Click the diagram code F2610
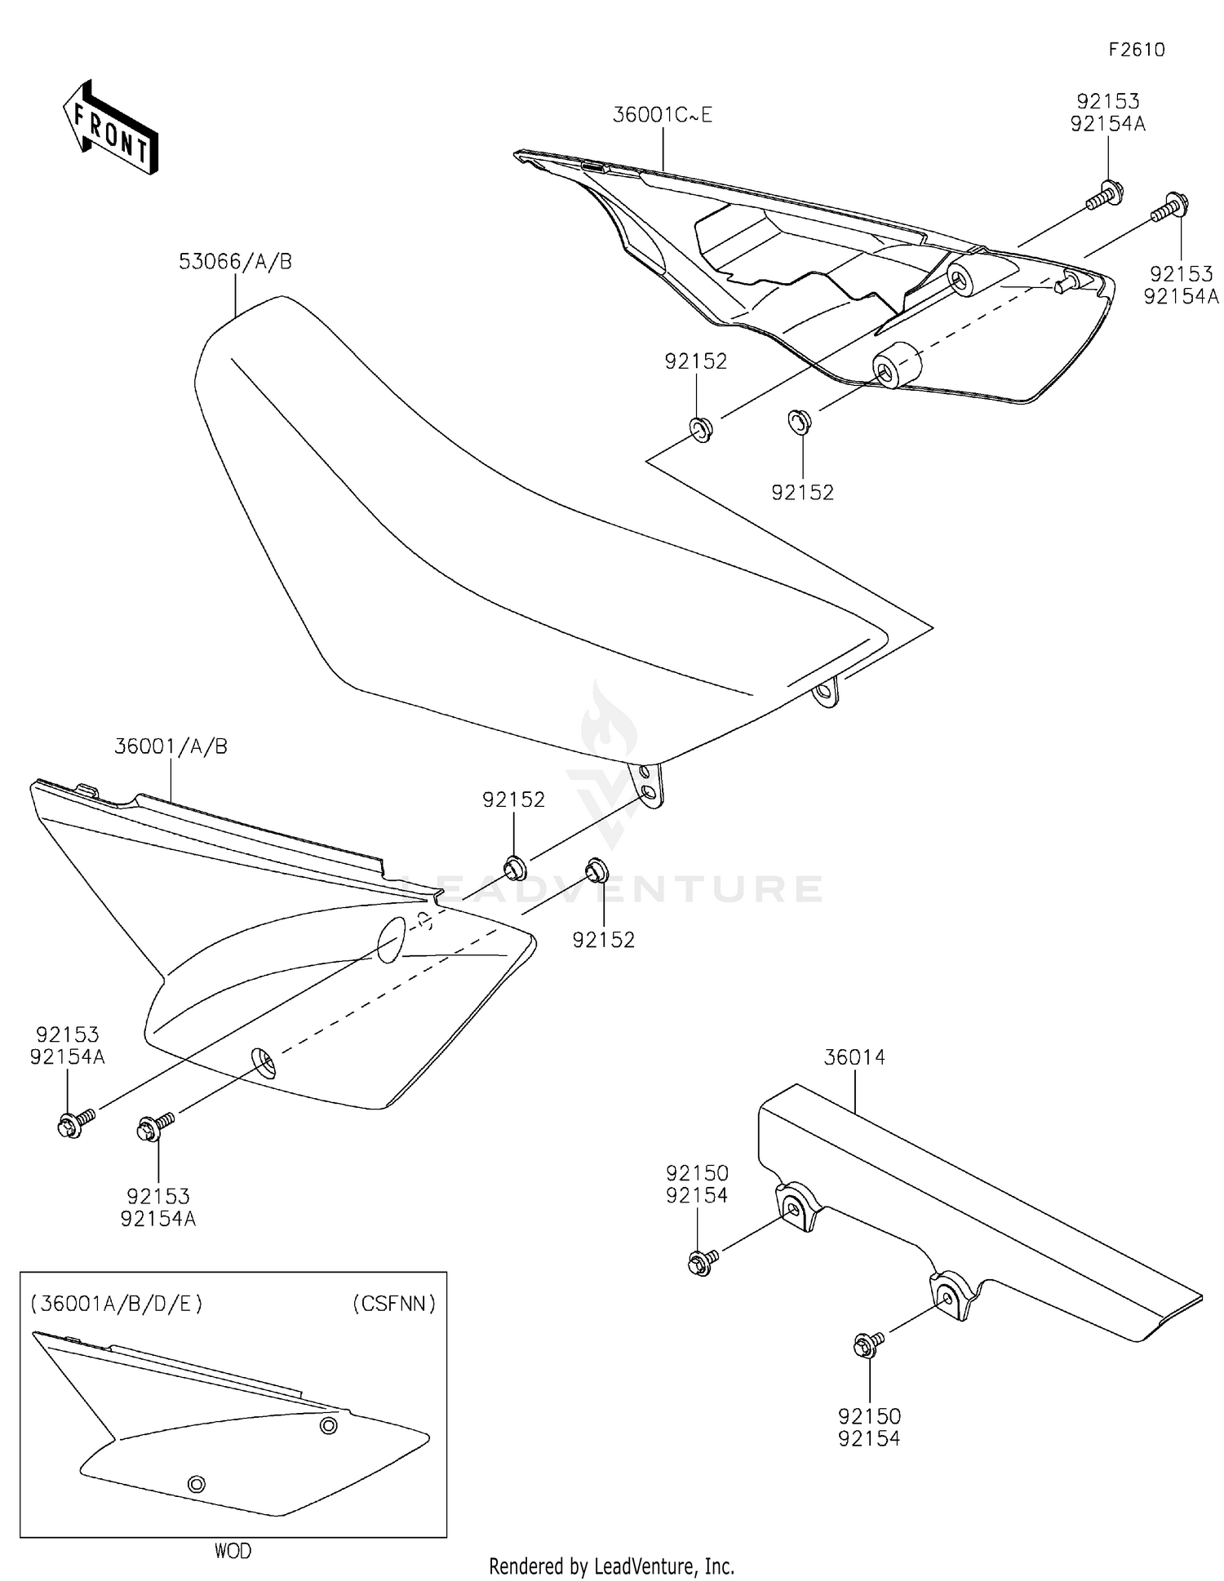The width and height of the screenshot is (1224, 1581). (1136, 50)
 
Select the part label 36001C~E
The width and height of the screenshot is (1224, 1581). (662, 115)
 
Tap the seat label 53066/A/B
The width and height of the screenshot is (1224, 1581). (235, 262)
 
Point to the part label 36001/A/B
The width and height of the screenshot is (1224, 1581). (171, 746)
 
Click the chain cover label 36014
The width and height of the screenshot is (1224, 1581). (854, 1057)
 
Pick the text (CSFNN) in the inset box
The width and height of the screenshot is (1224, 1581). (394, 1304)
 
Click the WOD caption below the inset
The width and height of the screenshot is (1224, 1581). (233, 1551)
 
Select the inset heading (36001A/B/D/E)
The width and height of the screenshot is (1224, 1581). (116, 1304)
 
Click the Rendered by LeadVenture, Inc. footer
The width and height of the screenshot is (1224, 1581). (611, 1566)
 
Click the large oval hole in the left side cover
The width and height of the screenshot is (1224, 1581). (391, 939)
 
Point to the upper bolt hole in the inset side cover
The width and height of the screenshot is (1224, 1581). (328, 1425)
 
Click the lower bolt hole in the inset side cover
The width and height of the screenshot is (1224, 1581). (196, 1483)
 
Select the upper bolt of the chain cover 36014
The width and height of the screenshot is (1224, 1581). (701, 1262)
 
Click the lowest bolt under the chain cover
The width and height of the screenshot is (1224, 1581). (867, 1345)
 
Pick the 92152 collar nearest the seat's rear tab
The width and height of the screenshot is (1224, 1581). (514, 867)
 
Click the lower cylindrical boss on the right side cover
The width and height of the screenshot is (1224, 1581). (895, 365)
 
